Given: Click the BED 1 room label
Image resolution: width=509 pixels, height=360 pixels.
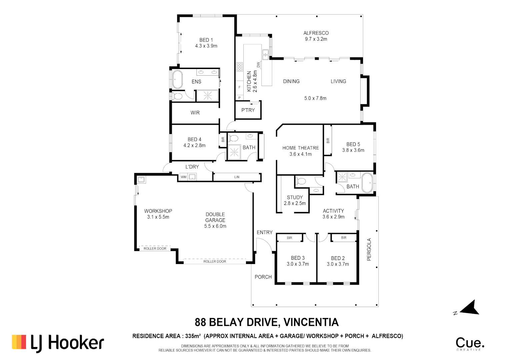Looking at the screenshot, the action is (x=206, y=40).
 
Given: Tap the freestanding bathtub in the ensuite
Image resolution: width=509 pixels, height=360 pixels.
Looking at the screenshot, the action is (x=177, y=80).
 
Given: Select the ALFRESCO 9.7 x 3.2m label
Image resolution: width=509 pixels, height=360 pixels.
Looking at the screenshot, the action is (x=316, y=36).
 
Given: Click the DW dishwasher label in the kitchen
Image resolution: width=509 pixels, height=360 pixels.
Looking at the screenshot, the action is (x=258, y=65).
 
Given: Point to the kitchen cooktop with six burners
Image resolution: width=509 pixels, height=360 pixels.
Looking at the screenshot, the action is (x=240, y=67).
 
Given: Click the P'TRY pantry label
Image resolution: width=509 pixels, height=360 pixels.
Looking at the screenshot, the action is (x=248, y=110).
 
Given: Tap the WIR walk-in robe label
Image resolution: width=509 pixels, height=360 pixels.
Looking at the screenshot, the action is (x=195, y=113).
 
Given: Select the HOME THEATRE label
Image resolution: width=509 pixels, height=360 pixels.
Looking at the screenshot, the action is (x=301, y=148).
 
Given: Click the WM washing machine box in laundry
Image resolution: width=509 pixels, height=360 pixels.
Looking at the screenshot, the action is (x=183, y=177).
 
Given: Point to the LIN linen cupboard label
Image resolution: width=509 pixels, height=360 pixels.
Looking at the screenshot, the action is (x=237, y=177).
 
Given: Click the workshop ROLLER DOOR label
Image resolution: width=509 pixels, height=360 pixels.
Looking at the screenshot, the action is (x=155, y=248).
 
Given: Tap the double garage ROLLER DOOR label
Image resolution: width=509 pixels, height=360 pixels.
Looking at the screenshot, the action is (x=215, y=261).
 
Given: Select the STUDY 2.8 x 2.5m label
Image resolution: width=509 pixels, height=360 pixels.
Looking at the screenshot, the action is (x=295, y=200).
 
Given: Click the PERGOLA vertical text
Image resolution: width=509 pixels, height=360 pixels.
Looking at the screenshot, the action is (x=369, y=249).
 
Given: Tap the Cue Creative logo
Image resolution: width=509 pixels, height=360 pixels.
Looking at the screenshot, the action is (x=470, y=344).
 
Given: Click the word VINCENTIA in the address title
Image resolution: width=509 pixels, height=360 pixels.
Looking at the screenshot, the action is (x=311, y=322).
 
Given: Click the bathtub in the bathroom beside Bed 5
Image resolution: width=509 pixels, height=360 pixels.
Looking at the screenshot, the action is (x=367, y=183).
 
